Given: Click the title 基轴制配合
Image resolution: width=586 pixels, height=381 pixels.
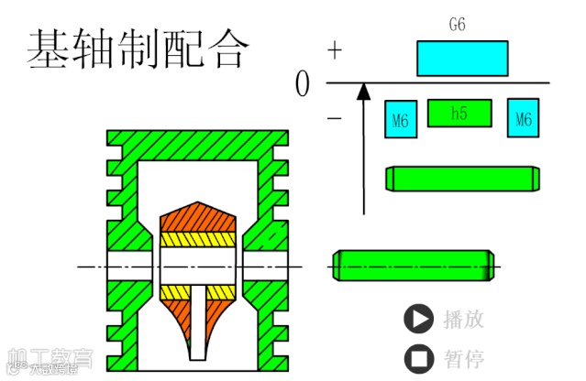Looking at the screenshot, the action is pyautogui.click(x=138, y=49).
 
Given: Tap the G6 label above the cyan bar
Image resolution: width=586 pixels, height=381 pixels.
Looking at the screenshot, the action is pyautogui.click(x=457, y=26).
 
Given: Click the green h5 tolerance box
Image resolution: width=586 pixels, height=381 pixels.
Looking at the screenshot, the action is pyautogui.click(x=459, y=113).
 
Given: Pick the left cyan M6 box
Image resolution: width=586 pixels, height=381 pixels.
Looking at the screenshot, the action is pyautogui.click(x=401, y=118).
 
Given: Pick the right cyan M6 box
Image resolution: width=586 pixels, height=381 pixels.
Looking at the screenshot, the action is pyautogui.click(x=523, y=118).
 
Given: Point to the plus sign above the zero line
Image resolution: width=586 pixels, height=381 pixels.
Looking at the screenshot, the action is pyautogui.click(x=335, y=51).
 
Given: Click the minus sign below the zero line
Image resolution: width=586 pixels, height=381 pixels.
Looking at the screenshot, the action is pyautogui.click(x=335, y=117).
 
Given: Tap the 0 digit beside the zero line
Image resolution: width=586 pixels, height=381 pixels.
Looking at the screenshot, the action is pyautogui.click(x=304, y=85).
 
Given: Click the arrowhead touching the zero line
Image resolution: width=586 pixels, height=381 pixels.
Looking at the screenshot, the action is pyautogui.click(x=363, y=91).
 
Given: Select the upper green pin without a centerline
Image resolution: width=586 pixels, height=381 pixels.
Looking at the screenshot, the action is pyautogui.click(x=460, y=178).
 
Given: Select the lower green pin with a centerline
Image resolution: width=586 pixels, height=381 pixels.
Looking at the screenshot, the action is pyautogui.click(x=413, y=266).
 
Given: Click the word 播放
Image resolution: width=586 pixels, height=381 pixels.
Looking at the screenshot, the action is pyautogui.click(x=463, y=319).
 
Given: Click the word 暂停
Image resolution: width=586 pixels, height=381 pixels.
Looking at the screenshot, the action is pyautogui.click(x=463, y=356).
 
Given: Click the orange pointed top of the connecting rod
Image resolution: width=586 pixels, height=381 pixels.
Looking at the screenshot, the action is pyautogui.click(x=199, y=216).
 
